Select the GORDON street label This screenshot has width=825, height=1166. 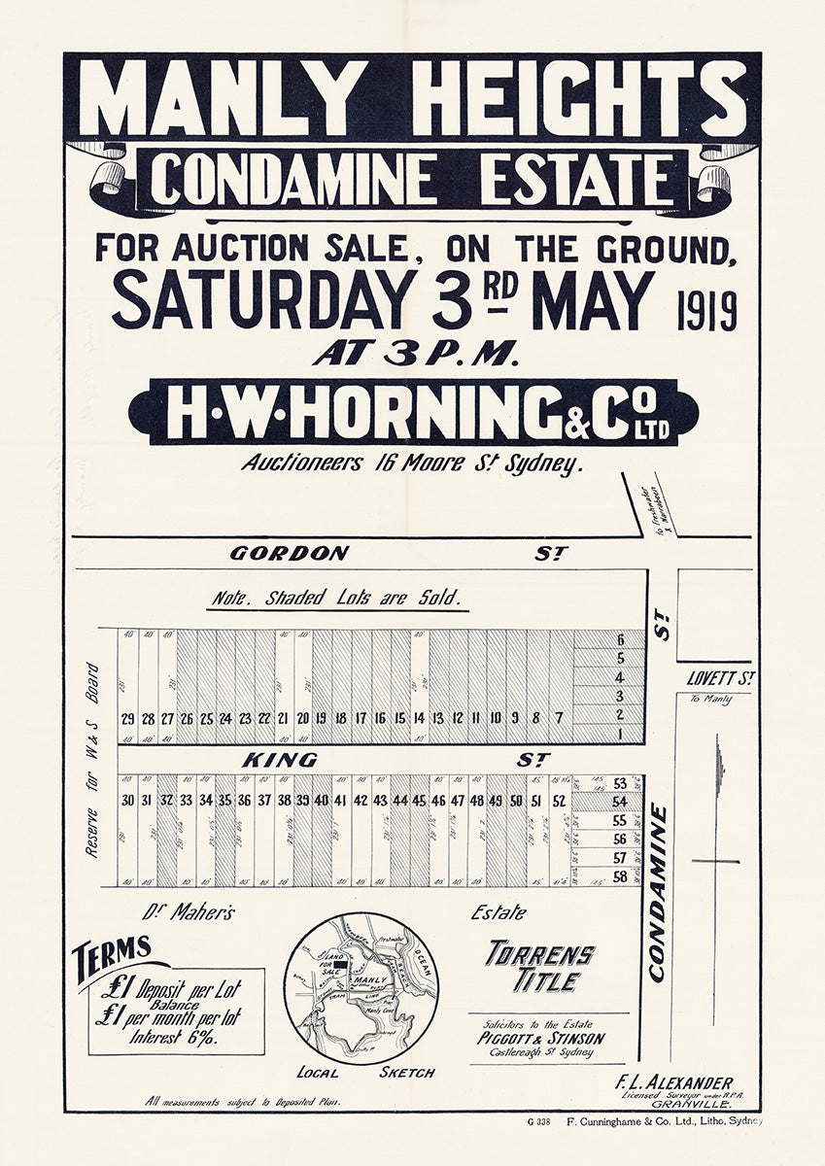289,554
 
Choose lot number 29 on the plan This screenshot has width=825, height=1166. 127,719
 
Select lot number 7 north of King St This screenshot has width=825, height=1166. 560,719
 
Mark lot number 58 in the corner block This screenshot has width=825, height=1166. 619,877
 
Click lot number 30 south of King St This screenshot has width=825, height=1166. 127,801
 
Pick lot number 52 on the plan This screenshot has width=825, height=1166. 559,801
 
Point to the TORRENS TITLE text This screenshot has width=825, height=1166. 540,965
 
